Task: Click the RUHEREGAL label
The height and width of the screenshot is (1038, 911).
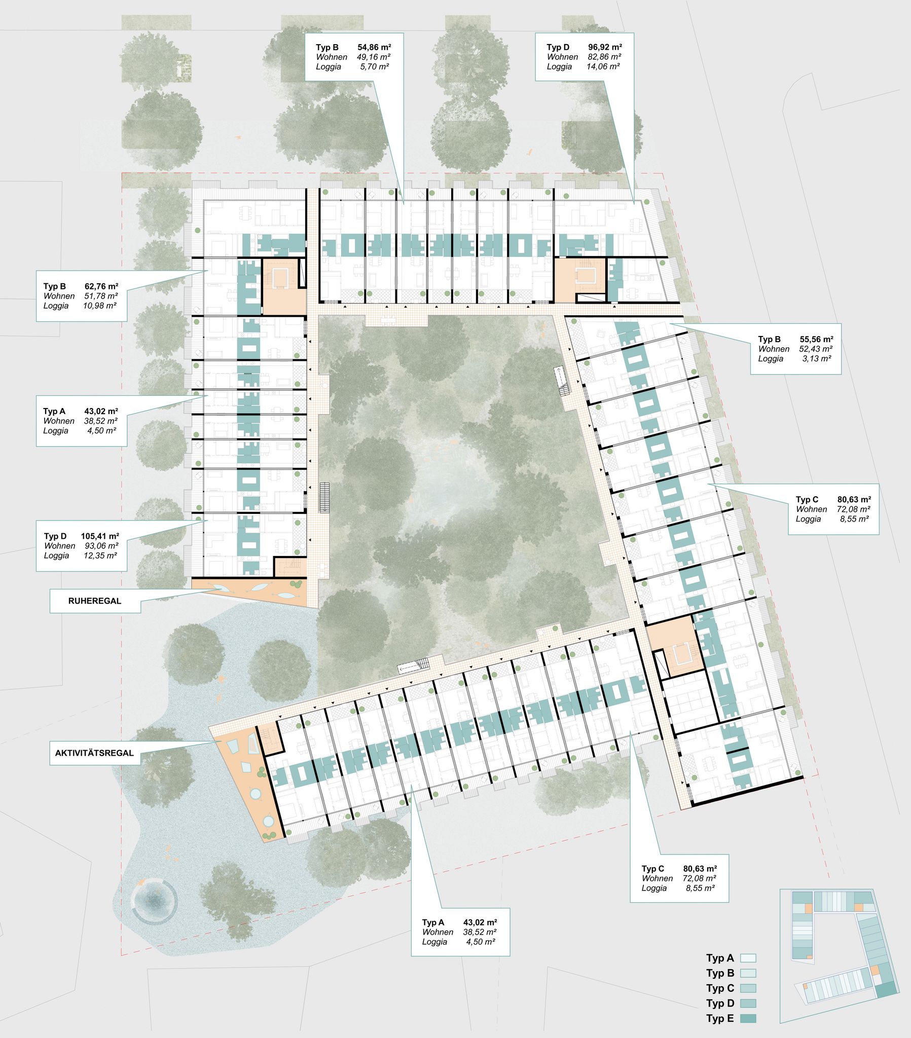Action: pos(95,601)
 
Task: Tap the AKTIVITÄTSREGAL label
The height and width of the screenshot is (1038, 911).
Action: pos(94,753)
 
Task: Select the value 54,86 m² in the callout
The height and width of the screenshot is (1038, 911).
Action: pos(374,48)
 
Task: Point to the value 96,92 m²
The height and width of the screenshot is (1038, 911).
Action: pos(605,48)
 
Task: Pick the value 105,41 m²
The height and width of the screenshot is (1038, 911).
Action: pos(100,536)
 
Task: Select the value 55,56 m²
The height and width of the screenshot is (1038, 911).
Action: pos(817,339)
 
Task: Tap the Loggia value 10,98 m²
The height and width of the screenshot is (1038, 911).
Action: pos(99,306)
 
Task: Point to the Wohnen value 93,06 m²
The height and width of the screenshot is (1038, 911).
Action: pos(101,546)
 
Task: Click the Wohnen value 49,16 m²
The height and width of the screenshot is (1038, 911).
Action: pos(374,57)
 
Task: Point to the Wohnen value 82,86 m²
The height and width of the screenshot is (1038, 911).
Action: pos(605,57)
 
